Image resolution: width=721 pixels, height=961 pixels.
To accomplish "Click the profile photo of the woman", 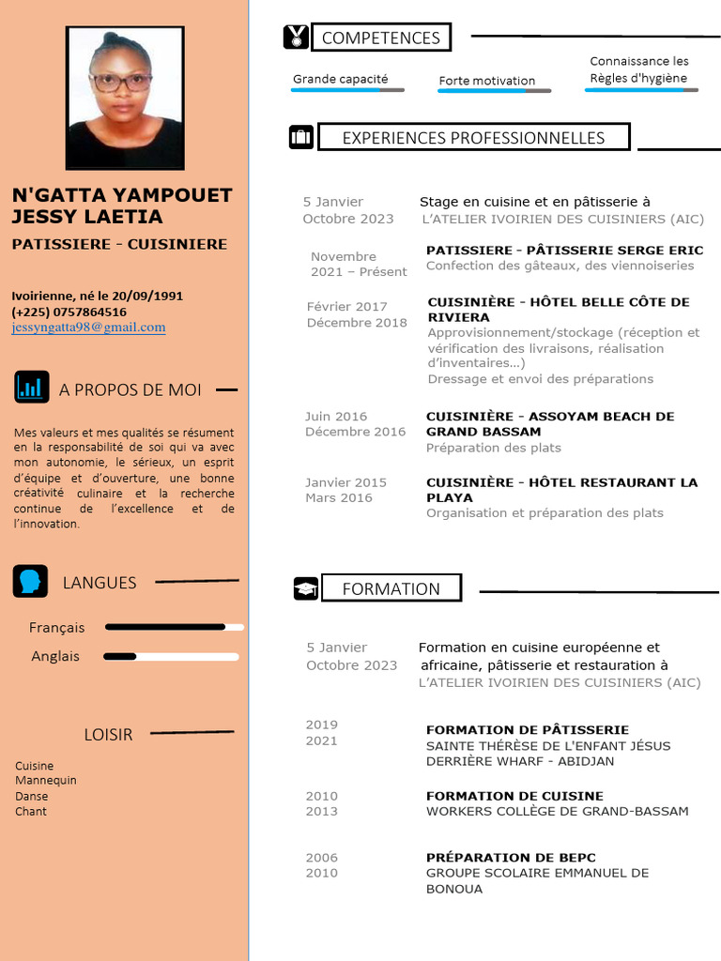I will coord(124,98).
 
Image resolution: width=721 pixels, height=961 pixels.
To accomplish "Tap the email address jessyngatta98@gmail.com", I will coord(88,328).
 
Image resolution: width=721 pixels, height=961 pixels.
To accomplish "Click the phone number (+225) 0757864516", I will coord(69,312).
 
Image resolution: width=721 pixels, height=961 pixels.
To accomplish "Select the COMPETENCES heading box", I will coord(380,38).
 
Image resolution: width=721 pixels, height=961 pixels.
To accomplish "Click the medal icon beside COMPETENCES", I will coord(296,38).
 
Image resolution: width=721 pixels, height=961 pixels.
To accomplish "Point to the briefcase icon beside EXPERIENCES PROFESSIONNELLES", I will coord(300,137).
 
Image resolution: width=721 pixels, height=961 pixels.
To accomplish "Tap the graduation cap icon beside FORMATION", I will coord(306,588).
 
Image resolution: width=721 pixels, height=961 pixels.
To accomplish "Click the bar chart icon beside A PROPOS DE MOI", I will coord(32,387).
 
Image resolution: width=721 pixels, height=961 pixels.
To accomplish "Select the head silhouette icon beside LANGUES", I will coord(30,581).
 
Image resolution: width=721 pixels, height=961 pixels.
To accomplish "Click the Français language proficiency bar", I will coord(174,627).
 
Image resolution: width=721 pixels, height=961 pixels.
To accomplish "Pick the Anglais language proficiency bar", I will coord(174,656).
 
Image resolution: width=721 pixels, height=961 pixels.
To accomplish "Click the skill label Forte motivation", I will coord(486,81).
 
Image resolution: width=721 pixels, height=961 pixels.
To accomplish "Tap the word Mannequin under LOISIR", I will coord(46,780).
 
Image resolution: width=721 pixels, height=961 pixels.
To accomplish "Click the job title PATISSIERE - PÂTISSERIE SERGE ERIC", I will coord(564,251).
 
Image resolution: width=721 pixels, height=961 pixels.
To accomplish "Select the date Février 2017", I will coord(346,306).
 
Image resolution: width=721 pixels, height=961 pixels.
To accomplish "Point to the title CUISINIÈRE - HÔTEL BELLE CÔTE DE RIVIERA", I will coord(558,310).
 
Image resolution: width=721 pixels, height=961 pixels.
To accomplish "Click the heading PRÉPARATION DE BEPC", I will coord(511,858).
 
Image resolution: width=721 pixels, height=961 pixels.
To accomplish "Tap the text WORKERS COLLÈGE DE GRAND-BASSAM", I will coord(557,811).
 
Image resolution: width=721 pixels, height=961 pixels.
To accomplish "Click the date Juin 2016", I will coord(336,416).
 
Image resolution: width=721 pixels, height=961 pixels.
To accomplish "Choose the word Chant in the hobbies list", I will coord(31,811).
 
